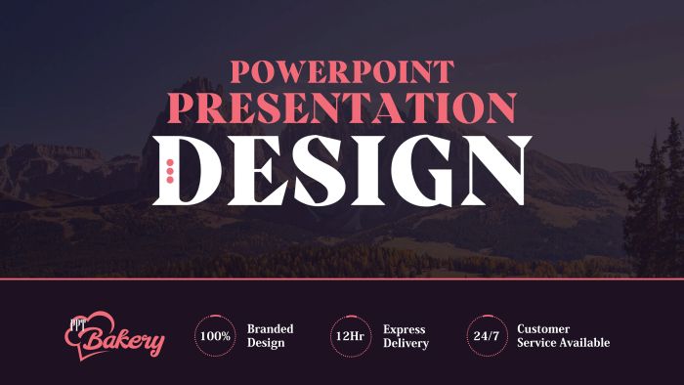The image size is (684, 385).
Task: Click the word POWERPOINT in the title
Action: pyautogui.click(x=342, y=71)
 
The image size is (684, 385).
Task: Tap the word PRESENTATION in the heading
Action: pyautogui.click(x=342, y=106)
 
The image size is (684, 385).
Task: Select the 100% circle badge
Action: pyautogui.click(x=214, y=336)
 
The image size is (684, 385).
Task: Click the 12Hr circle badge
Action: pyautogui.click(x=350, y=336)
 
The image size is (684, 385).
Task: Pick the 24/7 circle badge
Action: pyautogui.click(x=486, y=336)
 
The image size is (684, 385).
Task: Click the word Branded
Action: pyautogui.click(x=270, y=328)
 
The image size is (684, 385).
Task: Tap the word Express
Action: pyautogui.click(x=404, y=328)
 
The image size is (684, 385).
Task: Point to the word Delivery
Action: pyautogui.click(x=406, y=344)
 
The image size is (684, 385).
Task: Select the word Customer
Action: pyautogui.click(x=543, y=328)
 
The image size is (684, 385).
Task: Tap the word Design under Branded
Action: pyautogui.click(x=265, y=344)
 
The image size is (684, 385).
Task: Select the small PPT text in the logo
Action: pyautogui.click(x=77, y=321)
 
